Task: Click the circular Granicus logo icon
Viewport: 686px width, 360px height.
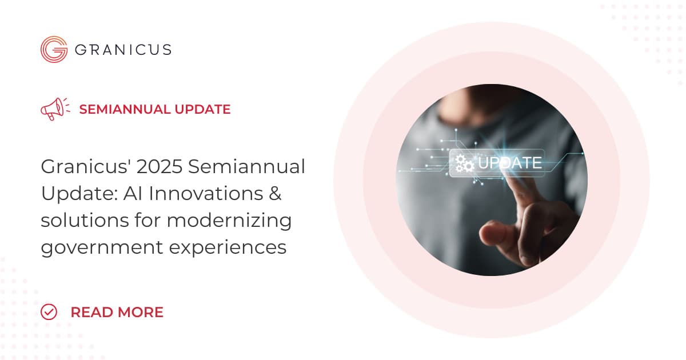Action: click(54, 50)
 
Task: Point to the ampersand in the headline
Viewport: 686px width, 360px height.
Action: click(276, 194)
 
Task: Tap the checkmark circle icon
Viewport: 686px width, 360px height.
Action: click(50, 312)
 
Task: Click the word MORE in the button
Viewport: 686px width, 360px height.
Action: click(139, 312)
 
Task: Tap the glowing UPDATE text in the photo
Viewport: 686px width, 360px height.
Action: click(509, 163)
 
